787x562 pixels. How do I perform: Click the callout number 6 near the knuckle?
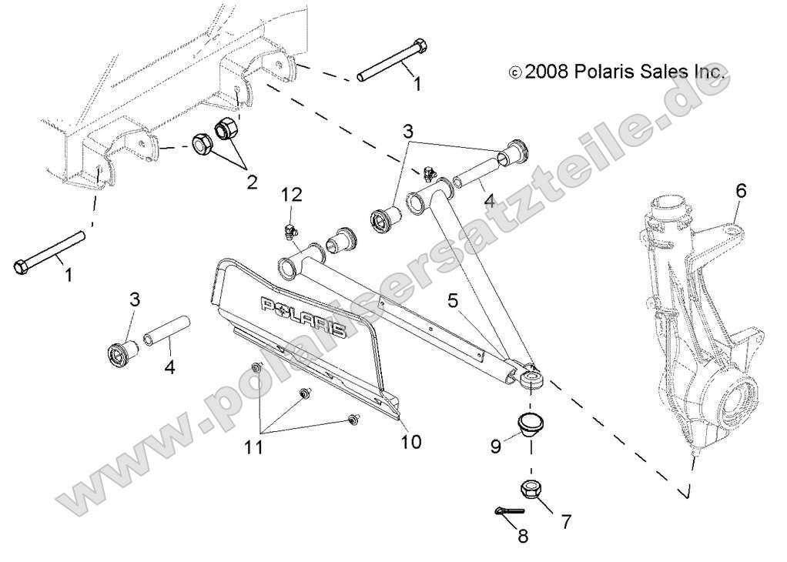(741, 192)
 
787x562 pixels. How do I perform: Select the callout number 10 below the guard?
(412, 442)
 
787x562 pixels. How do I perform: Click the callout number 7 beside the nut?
(566, 521)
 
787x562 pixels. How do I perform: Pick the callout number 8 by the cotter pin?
(524, 537)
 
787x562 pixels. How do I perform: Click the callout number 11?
(254, 447)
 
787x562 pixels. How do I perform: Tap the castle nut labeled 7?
(531, 489)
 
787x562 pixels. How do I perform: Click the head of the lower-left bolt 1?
(22, 268)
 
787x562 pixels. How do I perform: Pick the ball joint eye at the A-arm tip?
(531, 380)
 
